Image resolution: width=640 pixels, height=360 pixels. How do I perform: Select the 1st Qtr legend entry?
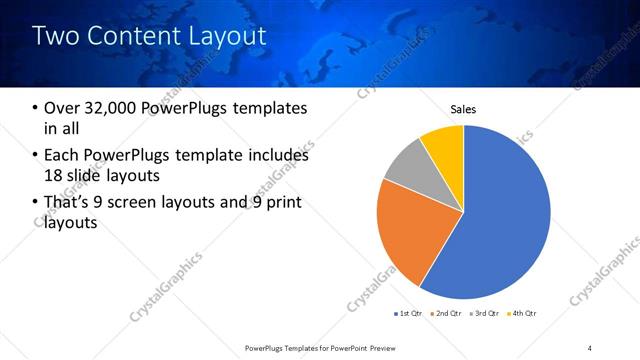[411, 312]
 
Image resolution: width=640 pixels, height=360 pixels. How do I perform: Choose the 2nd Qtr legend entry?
[447, 312]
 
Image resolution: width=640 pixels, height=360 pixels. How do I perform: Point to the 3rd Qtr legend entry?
[486, 312]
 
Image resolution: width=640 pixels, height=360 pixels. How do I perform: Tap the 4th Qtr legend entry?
[523, 312]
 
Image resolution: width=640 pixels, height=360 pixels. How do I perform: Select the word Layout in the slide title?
[231, 37]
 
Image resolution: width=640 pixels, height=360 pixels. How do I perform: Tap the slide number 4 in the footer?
[590, 347]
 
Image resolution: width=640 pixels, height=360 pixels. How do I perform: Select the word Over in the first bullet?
[62, 108]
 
